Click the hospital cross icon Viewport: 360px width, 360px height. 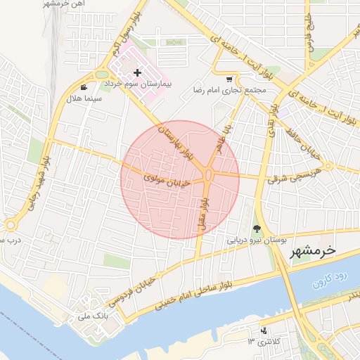point(137,72)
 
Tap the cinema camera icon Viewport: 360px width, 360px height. point(84,88)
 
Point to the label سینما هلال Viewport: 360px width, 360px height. point(84,99)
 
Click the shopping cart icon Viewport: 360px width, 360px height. point(229,79)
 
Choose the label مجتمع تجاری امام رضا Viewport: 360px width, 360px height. point(238,90)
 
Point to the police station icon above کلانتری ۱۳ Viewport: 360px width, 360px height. point(264,330)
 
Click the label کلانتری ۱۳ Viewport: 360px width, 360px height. point(264,342)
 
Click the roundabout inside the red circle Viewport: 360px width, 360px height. point(209,176)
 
